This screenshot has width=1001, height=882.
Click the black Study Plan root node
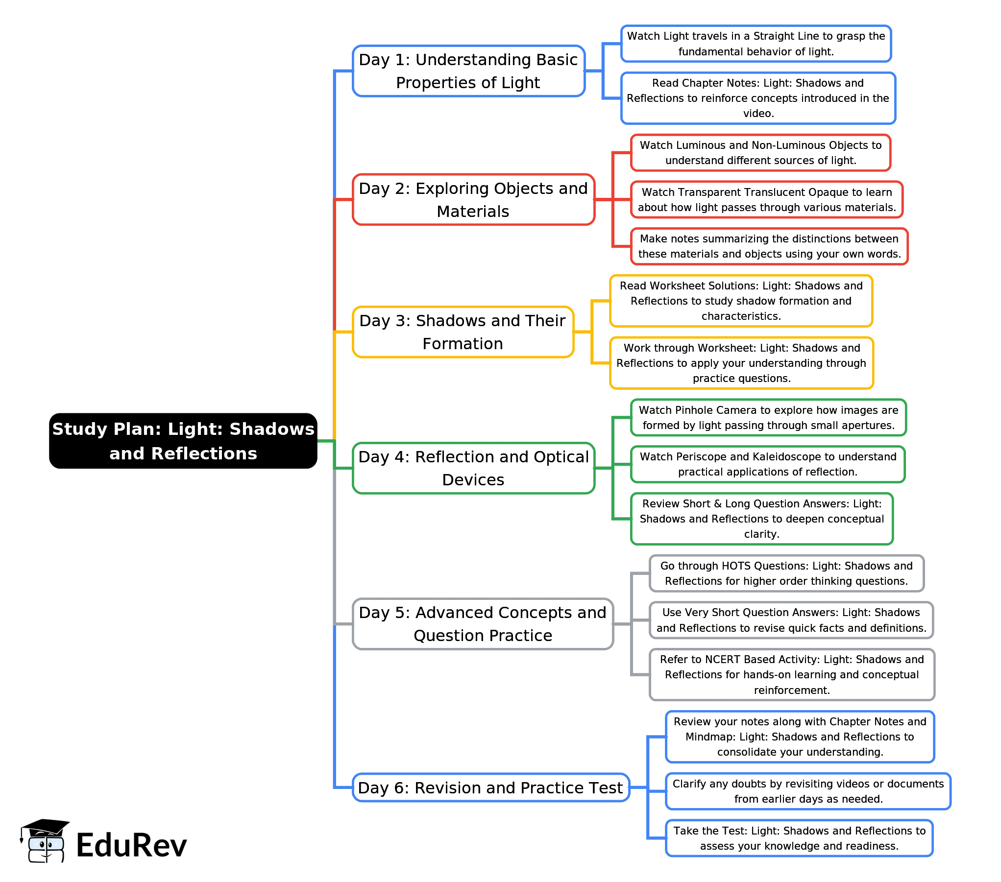click(x=183, y=441)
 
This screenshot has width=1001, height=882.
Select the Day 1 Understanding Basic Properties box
click(x=468, y=71)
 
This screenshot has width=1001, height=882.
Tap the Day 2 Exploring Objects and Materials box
click(x=473, y=200)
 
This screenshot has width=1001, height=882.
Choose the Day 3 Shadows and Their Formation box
click(x=463, y=332)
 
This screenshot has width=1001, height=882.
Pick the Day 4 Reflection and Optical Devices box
click(x=473, y=468)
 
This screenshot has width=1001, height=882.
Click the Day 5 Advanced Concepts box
click(x=483, y=624)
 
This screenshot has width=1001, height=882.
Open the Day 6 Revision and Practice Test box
click(x=490, y=787)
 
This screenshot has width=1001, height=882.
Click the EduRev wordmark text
click(x=131, y=845)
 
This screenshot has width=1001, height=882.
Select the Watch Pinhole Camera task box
click(x=768, y=418)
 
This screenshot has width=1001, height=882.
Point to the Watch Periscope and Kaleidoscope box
click(x=768, y=464)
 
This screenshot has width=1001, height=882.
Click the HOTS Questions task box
click(x=786, y=573)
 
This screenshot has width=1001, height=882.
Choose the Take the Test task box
click(x=799, y=838)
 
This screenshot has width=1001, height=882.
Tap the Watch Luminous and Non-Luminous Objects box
click(x=760, y=153)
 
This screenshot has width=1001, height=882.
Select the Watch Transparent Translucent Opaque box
click(x=767, y=200)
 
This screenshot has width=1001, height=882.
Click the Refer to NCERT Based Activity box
click(x=792, y=675)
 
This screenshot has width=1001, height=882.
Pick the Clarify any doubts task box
click(x=808, y=791)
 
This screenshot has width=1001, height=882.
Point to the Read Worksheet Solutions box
click(x=741, y=301)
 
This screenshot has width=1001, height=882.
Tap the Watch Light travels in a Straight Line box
click(x=756, y=44)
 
